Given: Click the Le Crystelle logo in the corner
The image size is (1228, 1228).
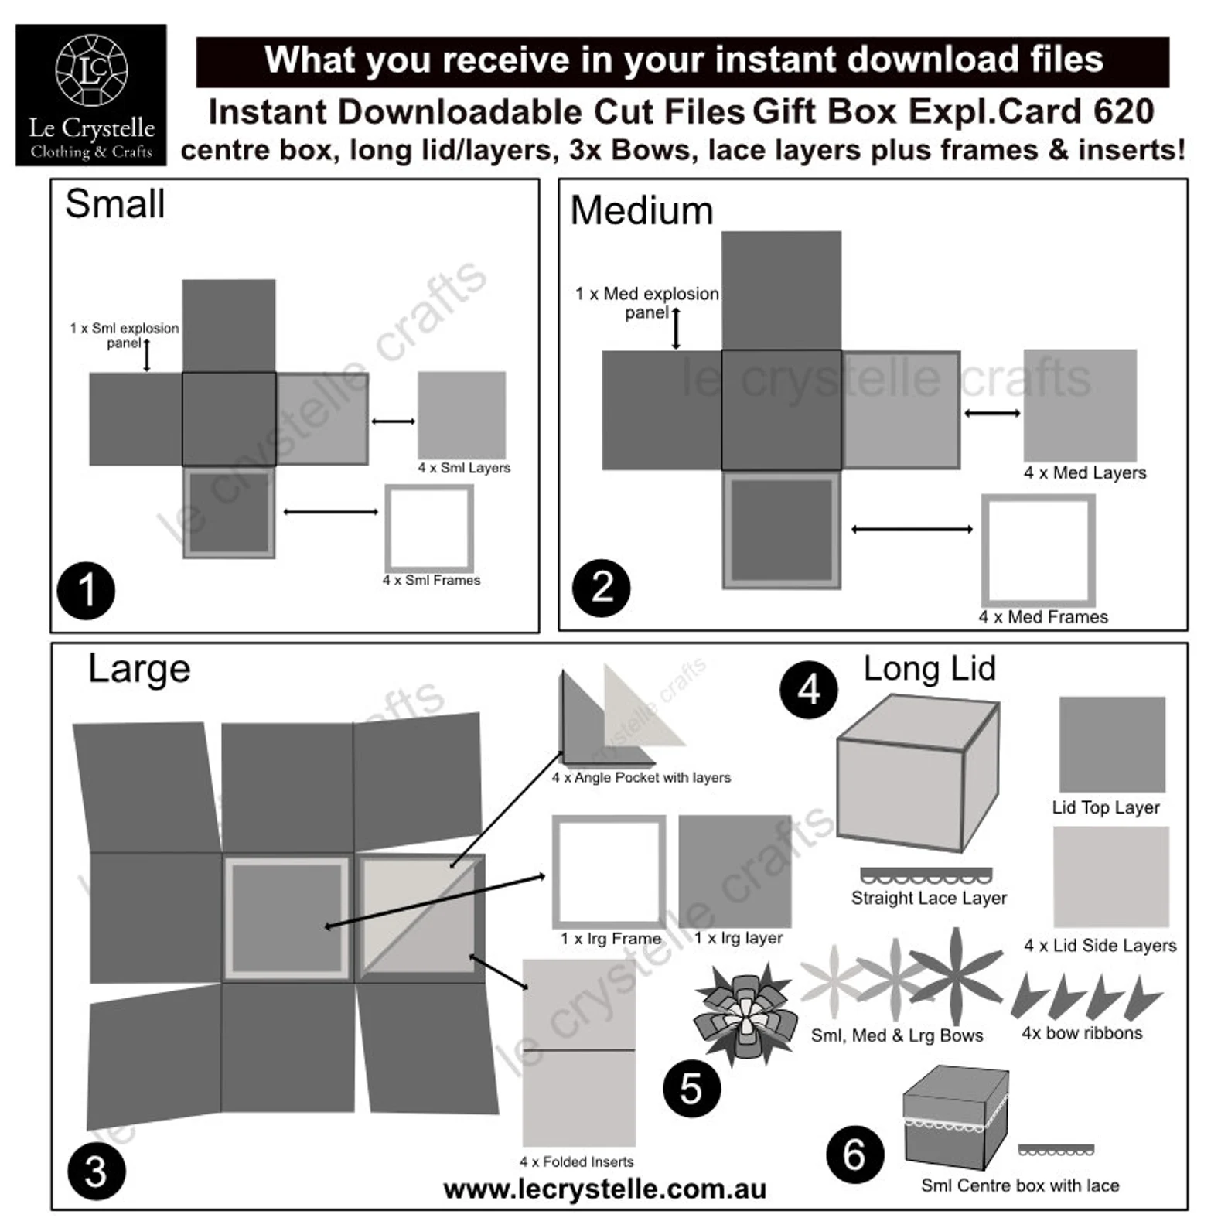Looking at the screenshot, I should point(91,94).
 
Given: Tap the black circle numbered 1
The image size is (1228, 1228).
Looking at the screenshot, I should point(86,591).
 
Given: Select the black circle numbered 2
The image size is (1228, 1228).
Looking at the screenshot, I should point(601,588).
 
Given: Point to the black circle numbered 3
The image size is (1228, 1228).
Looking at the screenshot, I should point(96,1171).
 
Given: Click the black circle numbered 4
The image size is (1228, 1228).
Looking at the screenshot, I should point(808,690).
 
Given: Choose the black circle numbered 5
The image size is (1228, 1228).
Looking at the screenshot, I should point(691,1089).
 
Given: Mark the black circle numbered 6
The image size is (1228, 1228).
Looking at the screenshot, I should point(854,1155).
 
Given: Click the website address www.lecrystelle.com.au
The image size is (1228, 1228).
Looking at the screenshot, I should point(605,1189).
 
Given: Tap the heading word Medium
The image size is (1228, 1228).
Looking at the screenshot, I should point(641,211).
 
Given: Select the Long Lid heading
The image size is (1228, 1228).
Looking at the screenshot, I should point(930,669).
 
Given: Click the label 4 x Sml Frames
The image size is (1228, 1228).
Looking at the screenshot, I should point(431,580).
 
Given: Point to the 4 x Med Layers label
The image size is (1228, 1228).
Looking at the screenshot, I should point(1084,472).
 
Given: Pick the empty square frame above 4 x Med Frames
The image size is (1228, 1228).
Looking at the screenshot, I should point(1038,551).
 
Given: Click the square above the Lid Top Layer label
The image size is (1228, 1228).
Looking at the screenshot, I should point(1111,744).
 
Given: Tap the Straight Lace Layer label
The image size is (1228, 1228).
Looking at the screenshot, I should point(929,898).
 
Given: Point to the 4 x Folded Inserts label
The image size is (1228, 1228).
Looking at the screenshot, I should point(576,1161).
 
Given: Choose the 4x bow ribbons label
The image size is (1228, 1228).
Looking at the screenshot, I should point(1081,1033).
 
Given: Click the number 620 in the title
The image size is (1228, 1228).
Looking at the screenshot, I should point(1123,112).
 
